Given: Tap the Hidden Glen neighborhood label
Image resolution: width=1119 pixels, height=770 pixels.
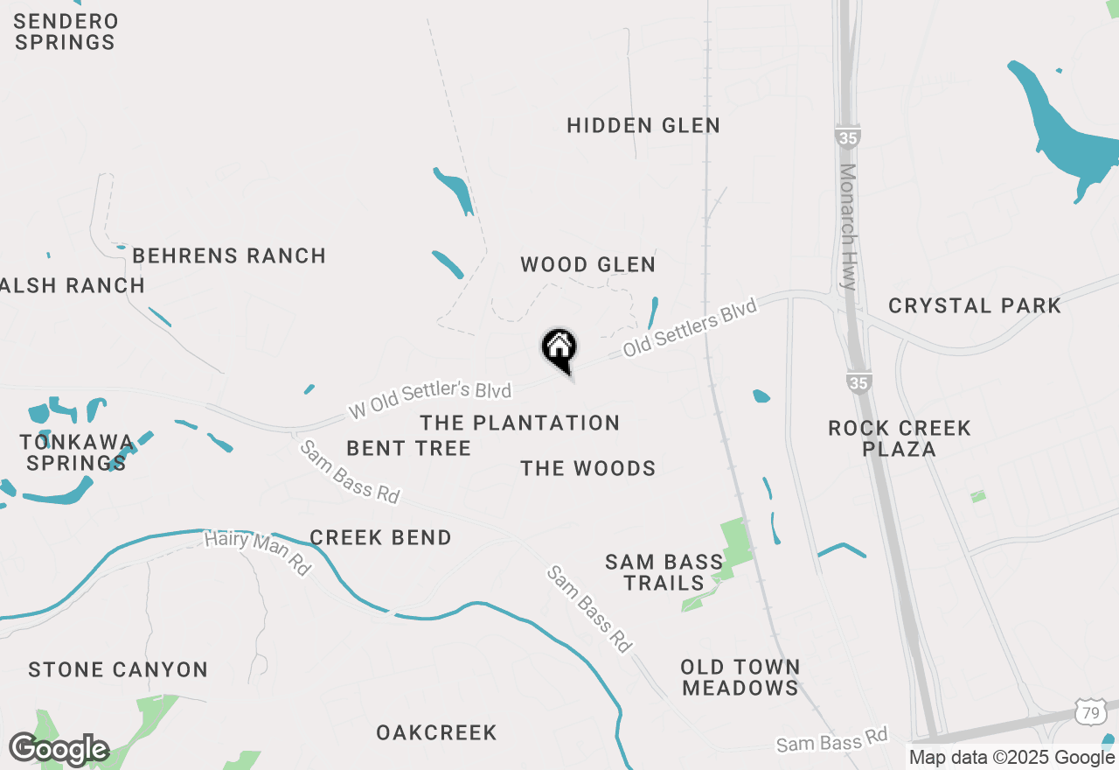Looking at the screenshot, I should coord(643,126).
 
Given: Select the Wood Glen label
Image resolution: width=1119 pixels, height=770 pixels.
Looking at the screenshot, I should coord(587,264).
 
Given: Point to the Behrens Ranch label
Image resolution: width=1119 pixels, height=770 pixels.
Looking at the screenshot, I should coord(229,255).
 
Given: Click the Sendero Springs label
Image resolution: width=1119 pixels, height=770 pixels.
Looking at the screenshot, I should coord(66,31).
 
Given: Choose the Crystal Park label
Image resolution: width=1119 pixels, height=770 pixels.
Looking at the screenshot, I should coord(975,305).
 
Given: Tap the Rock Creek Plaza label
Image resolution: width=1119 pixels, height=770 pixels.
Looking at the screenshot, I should coord(900,438).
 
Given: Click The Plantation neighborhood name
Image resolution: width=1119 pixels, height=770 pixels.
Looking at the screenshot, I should coord(519,423).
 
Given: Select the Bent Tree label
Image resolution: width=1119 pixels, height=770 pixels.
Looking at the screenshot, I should coord(408,449).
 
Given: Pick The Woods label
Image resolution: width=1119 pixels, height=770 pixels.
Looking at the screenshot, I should coord(587,469).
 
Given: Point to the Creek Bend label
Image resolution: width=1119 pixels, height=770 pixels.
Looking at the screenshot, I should coord(380,537).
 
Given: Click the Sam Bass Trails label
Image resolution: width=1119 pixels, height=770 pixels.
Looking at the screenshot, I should coord(664,572).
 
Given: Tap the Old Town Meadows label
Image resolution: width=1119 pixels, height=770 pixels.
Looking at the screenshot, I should coord(740,677).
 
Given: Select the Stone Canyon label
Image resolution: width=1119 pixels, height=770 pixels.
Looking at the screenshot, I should coord(118,670).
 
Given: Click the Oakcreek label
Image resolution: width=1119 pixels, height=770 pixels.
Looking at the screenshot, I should coord(436,732).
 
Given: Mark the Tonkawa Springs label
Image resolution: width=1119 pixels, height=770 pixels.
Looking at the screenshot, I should coord(77,452).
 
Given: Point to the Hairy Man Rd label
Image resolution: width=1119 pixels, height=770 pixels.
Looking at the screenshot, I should coord(257,553).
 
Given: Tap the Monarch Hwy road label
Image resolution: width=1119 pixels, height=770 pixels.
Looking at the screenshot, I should coord(848,227).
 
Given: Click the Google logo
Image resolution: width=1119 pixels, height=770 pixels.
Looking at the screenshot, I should coord(59,750).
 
